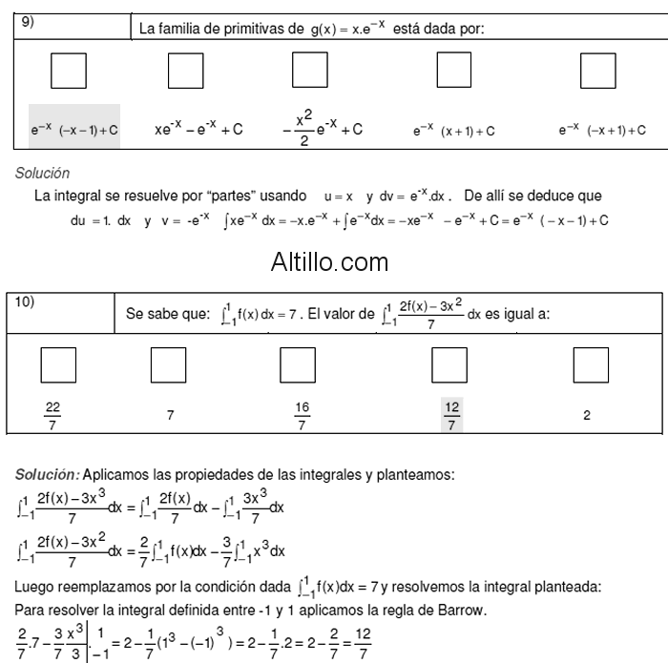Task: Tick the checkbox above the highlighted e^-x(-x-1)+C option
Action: coord(68,71)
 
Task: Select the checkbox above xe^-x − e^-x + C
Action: coord(185,71)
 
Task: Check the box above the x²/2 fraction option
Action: coord(309,71)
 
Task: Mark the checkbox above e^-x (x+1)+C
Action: coord(453,71)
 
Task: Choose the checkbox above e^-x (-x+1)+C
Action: coord(597,71)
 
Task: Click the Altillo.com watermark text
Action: coord(329,259)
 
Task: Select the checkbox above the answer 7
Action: coord(170,365)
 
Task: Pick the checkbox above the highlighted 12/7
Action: coord(449,365)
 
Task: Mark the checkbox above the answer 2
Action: coord(590,365)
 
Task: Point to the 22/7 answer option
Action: coord(52,416)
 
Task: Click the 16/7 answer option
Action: coord(302,416)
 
